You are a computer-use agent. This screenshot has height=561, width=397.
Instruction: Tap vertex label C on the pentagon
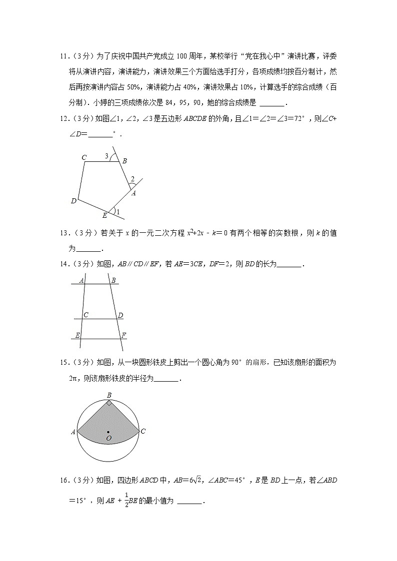tap(84, 158)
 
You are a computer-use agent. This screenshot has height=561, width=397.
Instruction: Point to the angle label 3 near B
tap(106, 156)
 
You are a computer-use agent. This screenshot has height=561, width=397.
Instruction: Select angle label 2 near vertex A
tap(132, 179)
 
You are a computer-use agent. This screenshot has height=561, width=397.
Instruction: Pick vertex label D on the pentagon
tap(73, 201)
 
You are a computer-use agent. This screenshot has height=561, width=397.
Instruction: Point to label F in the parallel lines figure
tap(123, 335)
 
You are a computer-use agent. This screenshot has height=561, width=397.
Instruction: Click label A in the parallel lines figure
tap(81, 281)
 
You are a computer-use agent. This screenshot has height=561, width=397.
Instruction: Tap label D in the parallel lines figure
tap(120, 315)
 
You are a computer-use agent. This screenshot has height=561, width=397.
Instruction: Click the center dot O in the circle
tap(108, 432)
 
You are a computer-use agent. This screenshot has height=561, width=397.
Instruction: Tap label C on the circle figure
tap(143, 431)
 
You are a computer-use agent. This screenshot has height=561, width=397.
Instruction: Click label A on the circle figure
tap(73, 432)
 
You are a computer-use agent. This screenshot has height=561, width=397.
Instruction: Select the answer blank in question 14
tap(289, 264)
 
